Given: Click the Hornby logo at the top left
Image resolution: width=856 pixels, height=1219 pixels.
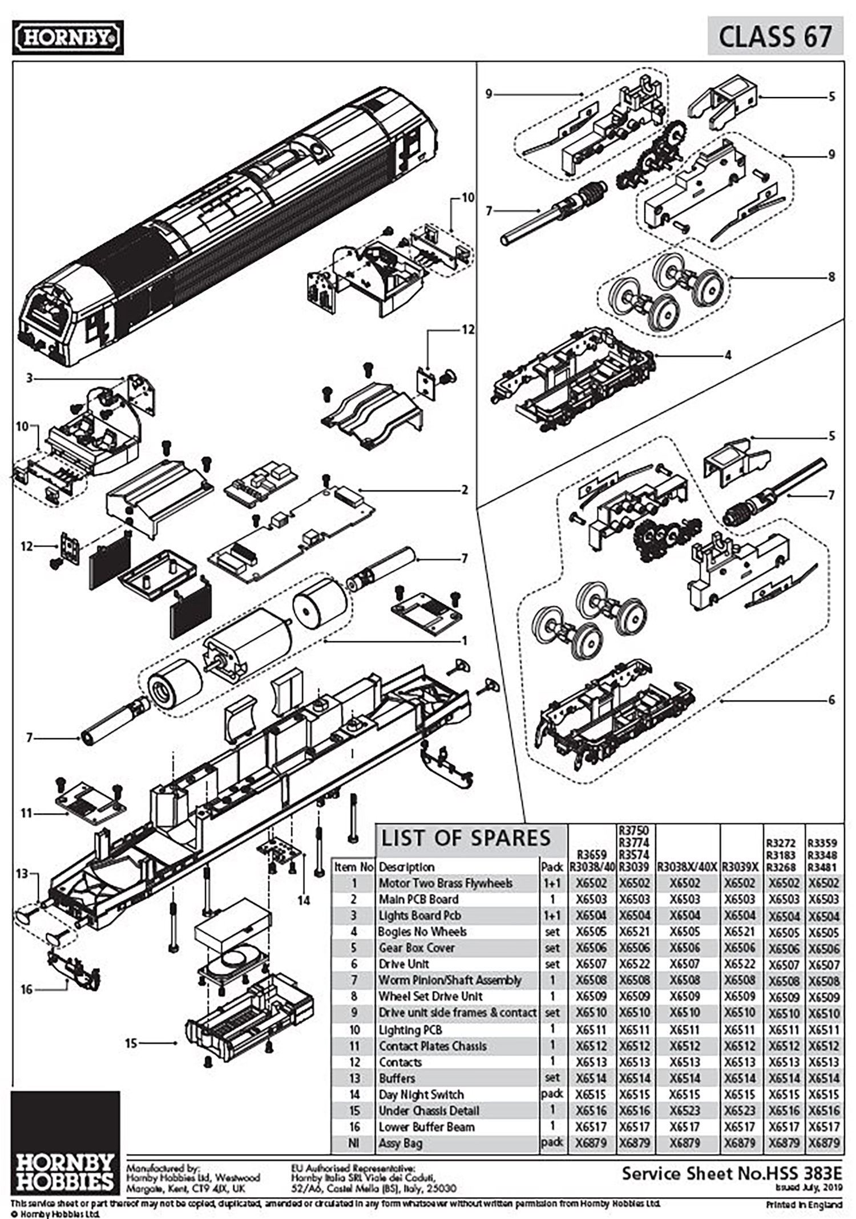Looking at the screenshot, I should [67, 38].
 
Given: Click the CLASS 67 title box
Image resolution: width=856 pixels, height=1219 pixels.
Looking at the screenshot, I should [775, 36].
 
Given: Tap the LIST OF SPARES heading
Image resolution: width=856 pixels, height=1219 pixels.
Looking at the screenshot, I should [466, 838].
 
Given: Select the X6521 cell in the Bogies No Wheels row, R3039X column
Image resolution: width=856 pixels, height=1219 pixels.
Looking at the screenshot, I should [740, 932].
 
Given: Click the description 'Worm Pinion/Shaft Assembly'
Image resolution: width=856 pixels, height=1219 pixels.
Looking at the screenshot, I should [450, 980].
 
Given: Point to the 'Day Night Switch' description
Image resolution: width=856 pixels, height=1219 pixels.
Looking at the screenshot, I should [421, 1095].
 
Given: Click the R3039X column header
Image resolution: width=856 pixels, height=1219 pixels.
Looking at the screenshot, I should [740, 867].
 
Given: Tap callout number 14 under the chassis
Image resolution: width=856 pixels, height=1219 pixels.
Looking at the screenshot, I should [304, 900].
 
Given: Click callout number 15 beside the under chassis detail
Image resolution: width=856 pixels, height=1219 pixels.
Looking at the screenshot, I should [131, 1043].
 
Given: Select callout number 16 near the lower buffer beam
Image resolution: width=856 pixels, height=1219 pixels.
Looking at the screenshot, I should [26, 989].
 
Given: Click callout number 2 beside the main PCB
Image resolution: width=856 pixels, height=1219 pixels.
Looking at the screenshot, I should [465, 490].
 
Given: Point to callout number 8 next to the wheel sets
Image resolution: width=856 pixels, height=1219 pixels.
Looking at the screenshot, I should [831, 277].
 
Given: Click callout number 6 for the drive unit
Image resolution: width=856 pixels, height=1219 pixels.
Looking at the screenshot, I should [831, 700].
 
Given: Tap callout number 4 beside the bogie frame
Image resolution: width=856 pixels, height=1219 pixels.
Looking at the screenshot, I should [728, 355].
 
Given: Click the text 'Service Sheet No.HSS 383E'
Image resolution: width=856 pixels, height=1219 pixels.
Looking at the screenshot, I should [732, 1173].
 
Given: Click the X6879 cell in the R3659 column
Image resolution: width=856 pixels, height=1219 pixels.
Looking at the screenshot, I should [591, 1143].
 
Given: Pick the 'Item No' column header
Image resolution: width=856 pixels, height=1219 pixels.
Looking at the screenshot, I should [353, 867].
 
